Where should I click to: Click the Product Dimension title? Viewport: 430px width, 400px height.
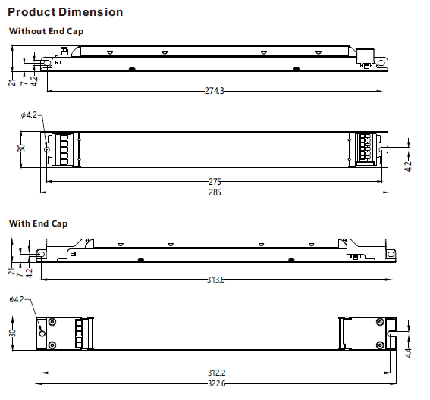pos(65,12)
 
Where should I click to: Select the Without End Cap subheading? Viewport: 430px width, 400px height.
pos(46,31)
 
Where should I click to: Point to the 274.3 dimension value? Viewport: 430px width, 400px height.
pos(215,91)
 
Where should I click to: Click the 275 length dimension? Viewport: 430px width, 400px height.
pos(214,183)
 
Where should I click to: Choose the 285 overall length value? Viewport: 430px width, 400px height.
pos(214,193)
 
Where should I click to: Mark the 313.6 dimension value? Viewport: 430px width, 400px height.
pos(215,280)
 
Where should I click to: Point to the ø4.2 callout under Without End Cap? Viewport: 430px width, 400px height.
pos(29,115)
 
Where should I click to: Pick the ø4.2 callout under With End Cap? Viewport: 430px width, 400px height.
pos(18,300)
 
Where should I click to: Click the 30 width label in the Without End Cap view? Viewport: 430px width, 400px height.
pos(21,148)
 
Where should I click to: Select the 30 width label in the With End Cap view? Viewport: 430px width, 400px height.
pos(11,333)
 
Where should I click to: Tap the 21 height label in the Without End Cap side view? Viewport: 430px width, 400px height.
pos(12,81)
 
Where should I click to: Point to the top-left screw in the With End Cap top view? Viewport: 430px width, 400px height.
pos(52,322)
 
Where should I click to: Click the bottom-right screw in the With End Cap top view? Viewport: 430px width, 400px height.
pos(379,345)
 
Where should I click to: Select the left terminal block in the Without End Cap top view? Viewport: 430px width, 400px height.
pos(63,148)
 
